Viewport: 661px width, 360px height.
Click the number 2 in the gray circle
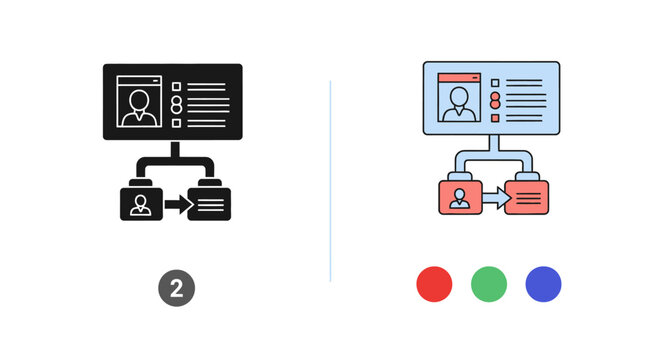pyautogui.click(x=177, y=289)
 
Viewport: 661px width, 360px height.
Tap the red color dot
pyautogui.click(x=434, y=284)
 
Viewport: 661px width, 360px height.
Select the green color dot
pyautogui.click(x=489, y=284)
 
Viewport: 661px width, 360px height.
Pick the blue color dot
pyautogui.click(x=544, y=284)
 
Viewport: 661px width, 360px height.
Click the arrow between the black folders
pyautogui.click(x=177, y=205)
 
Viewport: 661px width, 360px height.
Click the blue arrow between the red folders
pyautogui.click(x=493, y=200)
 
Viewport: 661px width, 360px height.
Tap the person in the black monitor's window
pyautogui.click(x=139, y=105)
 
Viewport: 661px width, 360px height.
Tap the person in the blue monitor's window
pyautogui.click(x=459, y=101)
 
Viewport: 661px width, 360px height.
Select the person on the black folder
pyautogui.click(x=141, y=204)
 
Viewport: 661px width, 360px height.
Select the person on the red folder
pyautogui.click(x=459, y=198)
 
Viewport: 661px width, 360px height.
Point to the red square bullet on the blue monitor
pyautogui.click(x=494, y=118)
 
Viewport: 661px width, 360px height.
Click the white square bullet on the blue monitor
pyautogui.click(x=494, y=83)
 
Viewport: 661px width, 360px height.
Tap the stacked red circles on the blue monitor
pyautogui.click(x=494, y=100)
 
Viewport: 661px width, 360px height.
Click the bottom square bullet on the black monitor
pyautogui.click(x=177, y=123)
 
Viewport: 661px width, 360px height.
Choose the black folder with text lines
pyautogui.click(x=212, y=202)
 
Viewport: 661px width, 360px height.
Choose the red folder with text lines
pyautogui.click(x=527, y=197)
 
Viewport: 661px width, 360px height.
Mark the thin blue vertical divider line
pyautogui.click(x=330, y=180)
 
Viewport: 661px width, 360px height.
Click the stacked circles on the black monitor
pyautogui.click(x=177, y=105)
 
